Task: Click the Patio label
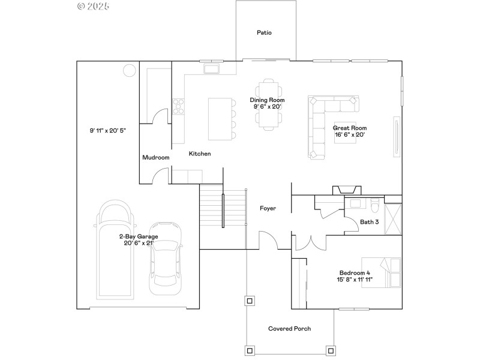click(x=264, y=32)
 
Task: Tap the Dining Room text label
click(x=267, y=100)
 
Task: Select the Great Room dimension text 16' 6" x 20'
click(x=350, y=134)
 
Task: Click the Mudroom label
click(x=155, y=157)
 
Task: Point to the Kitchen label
click(x=200, y=154)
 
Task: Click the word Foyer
click(x=268, y=208)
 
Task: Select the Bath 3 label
click(x=369, y=222)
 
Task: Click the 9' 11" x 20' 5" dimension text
click(x=108, y=130)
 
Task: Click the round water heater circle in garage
click(x=129, y=71)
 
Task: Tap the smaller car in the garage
click(x=164, y=258)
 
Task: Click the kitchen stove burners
click(x=178, y=106)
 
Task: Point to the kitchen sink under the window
click(x=211, y=70)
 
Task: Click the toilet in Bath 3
click(x=374, y=206)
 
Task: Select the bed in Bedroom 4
click(x=388, y=273)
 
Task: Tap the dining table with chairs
click(x=269, y=104)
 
